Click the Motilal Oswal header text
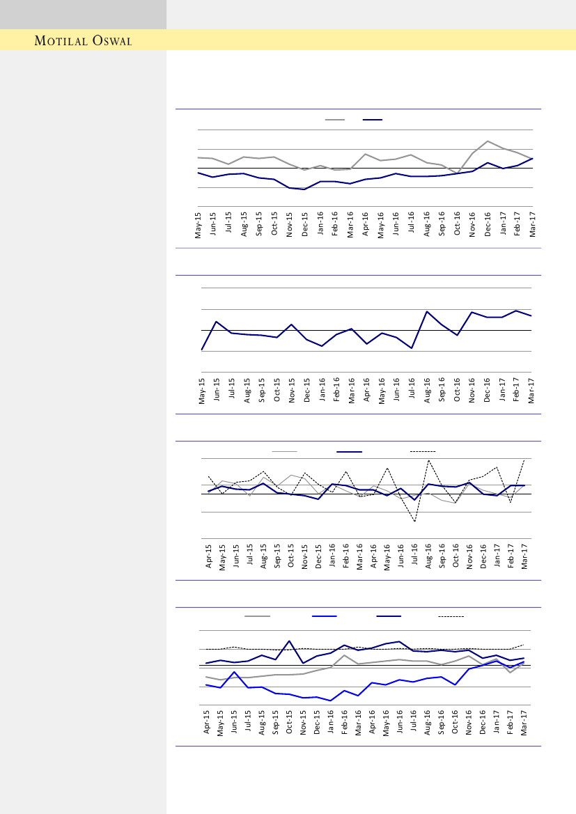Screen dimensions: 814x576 click(84, 40)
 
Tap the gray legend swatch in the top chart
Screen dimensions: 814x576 click(334, 120)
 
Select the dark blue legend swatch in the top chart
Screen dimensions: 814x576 click(373, 120)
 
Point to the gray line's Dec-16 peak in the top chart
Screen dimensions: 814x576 click(488, 141)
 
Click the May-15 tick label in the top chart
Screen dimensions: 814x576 click(199, 224)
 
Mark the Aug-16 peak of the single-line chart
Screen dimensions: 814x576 click(427, 311)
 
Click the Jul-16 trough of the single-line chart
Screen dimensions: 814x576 click(412, 348)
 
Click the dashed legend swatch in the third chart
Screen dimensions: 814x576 click(422, 452)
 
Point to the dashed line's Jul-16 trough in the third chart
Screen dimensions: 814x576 click(414, 521)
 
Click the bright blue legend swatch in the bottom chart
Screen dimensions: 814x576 click(325, 616)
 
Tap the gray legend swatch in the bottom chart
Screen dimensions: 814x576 click(257, 616)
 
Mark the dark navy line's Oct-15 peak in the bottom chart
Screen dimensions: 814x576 click(289, 641)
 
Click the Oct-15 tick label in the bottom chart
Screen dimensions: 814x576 click(289, 722)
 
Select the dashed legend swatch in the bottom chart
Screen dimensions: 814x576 click(451, 616)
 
